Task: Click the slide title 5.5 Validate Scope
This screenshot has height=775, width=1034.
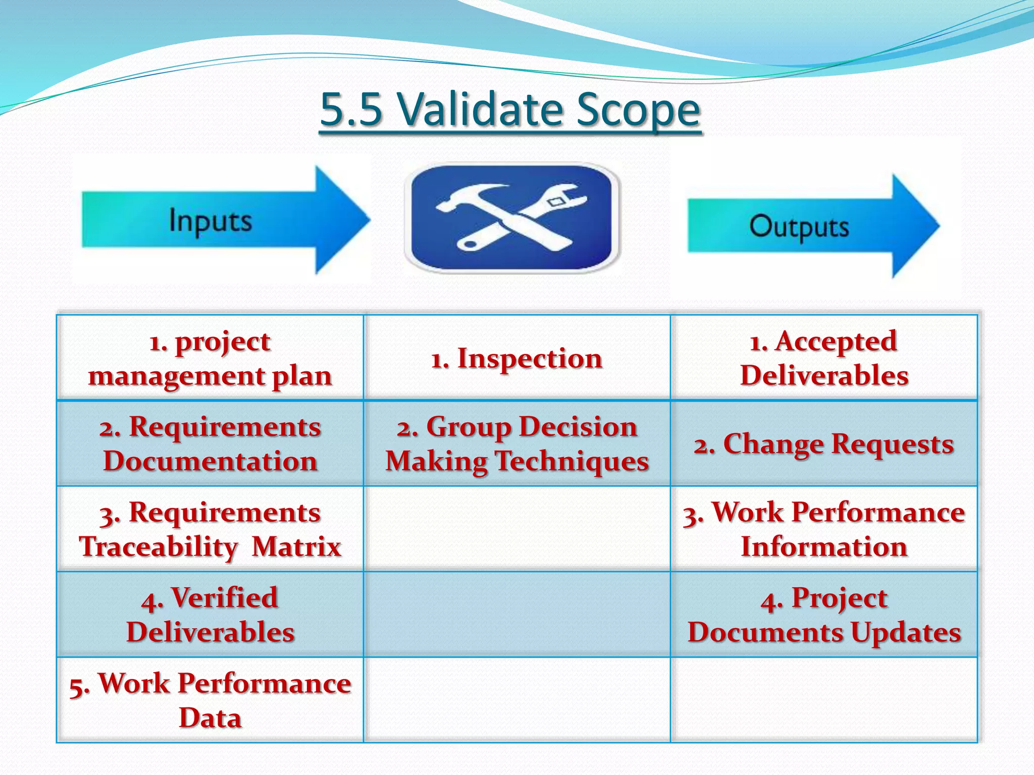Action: coord(510,109)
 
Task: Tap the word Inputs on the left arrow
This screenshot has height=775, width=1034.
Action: coord(210,221)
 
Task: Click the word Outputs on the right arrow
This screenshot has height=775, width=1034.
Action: coord(799,227)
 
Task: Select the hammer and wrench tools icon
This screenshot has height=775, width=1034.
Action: coord(511,217)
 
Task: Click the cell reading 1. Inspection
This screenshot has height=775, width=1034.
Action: coord(516,358)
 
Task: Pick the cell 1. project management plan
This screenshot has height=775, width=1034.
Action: coord(210,358)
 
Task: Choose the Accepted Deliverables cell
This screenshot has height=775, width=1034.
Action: coord(824,358)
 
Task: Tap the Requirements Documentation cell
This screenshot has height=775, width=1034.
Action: coord(210,444)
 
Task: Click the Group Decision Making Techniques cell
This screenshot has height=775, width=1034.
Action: coord(516,444)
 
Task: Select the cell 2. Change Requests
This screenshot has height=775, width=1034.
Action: coord(824,444)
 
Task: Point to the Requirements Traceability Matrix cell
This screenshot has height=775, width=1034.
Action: coord(210,529)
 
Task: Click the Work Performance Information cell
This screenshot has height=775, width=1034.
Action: coord(824,529)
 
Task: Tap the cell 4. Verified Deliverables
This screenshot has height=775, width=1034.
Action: coord(210,615)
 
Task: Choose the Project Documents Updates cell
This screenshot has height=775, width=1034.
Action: coord(824,615)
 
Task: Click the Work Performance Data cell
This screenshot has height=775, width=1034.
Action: coord(210,700)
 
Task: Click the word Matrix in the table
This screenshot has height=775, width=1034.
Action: coord(296,546)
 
